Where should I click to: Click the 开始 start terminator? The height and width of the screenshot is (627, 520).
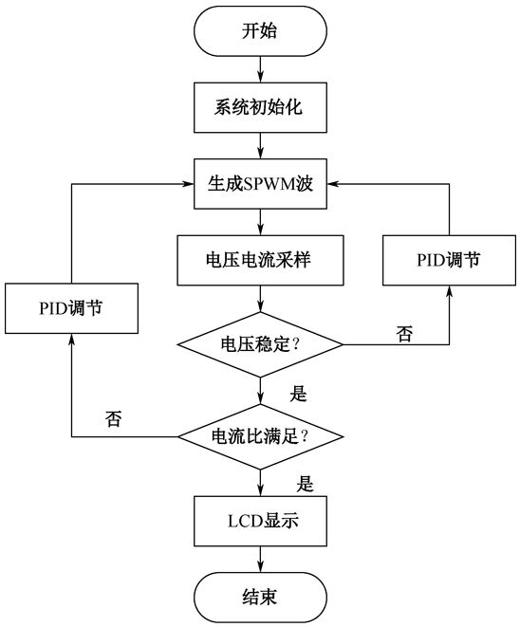click(260, 30)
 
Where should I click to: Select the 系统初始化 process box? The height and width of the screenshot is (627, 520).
click(260, 107)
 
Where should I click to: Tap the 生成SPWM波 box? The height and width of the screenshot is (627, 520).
click(260, 184)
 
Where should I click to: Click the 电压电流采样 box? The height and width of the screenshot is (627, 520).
click(260, 260)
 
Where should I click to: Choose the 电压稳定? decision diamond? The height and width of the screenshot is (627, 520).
click(260, 344)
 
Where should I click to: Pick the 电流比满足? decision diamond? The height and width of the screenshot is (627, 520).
click(260, 436)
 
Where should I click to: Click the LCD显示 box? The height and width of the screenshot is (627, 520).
click(260, 521)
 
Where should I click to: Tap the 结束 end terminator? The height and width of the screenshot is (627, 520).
click(260, 598)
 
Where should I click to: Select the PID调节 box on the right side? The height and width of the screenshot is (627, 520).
click(449, 260)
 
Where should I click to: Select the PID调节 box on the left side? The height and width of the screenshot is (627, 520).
click(71, 308)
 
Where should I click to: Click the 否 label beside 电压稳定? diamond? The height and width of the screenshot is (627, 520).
click(404, 334)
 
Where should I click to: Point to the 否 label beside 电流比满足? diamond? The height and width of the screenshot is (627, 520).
click(113, 418)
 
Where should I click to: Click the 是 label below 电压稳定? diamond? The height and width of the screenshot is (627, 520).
click(298, 394)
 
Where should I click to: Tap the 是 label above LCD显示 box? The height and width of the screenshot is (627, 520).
click(305, 484)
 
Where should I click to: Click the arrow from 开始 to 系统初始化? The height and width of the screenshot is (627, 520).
click(260, 69)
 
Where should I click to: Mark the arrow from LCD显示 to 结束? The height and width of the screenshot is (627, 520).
click(260, 559)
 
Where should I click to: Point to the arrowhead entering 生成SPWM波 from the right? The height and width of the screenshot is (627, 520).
click(332, 184)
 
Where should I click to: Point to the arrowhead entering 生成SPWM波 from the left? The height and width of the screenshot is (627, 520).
click(189, 184)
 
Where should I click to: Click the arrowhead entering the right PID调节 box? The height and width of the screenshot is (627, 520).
click(449, 291)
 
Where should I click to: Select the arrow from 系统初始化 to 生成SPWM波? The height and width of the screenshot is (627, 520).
click(260, 145)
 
